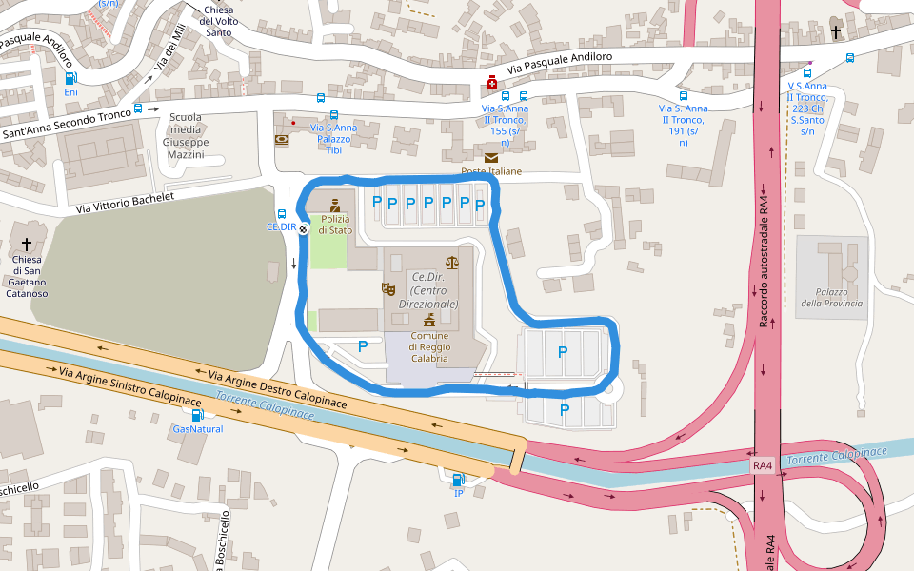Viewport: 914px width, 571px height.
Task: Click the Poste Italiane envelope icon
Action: [x=491, y=157]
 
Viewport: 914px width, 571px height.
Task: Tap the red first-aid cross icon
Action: [x=492, y=84]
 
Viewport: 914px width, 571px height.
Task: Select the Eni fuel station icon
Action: [x=70, y=78]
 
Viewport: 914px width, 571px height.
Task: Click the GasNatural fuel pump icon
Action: [x=197, y=414]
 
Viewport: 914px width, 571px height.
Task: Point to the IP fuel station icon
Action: [x=458, y=480]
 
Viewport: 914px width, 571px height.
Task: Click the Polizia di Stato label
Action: [x=335, y=225]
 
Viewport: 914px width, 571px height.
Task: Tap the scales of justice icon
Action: [x=451, y=262]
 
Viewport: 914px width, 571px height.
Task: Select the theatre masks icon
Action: [x=388, y=288]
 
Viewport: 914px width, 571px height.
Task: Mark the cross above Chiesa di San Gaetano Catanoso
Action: [x=27, y=244]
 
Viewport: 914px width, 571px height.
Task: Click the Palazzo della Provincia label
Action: [x=831, y=297]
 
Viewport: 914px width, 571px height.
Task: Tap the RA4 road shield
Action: [x=763, y=466]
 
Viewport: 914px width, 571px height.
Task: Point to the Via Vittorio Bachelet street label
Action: [x=125, y=203]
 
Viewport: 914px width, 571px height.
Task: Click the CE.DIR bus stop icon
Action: [x=282, y=214]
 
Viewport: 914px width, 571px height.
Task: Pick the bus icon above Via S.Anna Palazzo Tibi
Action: [x=333, y=114]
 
